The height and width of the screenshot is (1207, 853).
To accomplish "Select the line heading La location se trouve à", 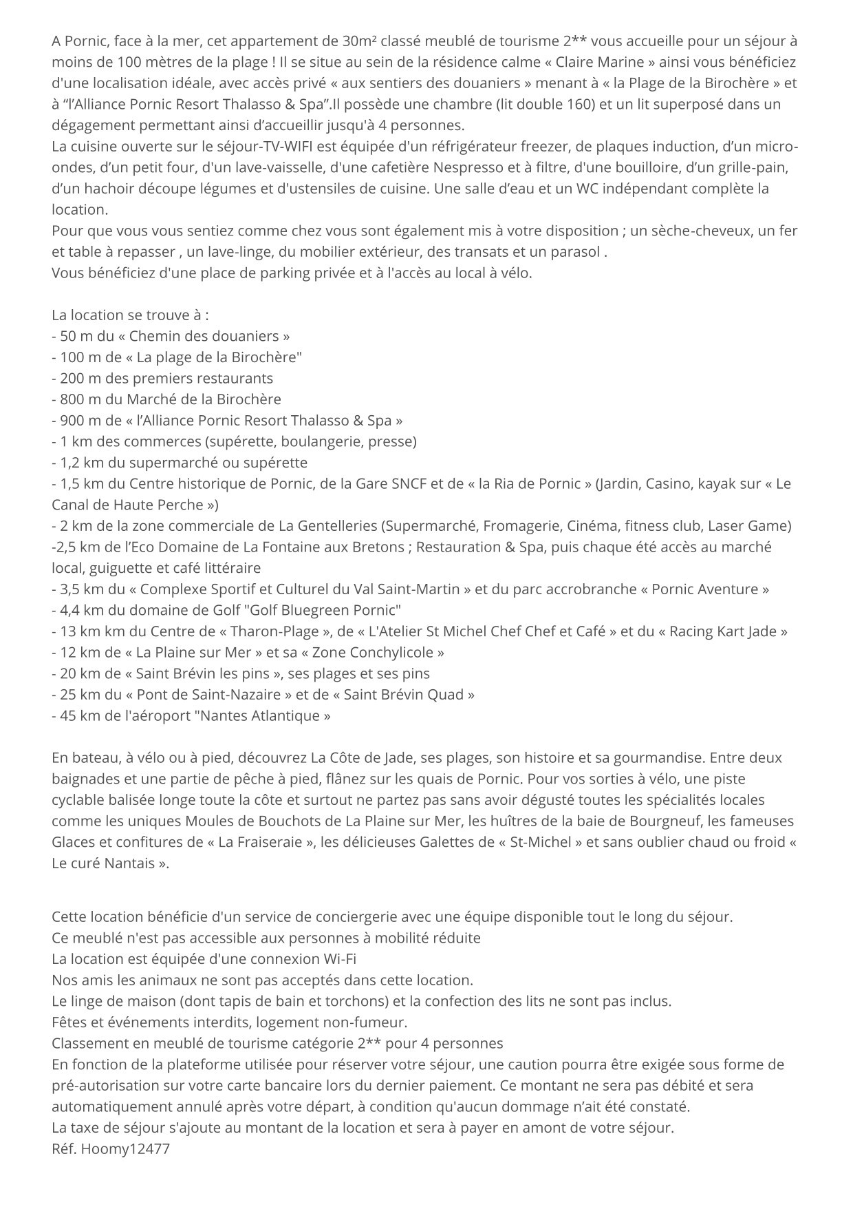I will click(130, 315).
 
